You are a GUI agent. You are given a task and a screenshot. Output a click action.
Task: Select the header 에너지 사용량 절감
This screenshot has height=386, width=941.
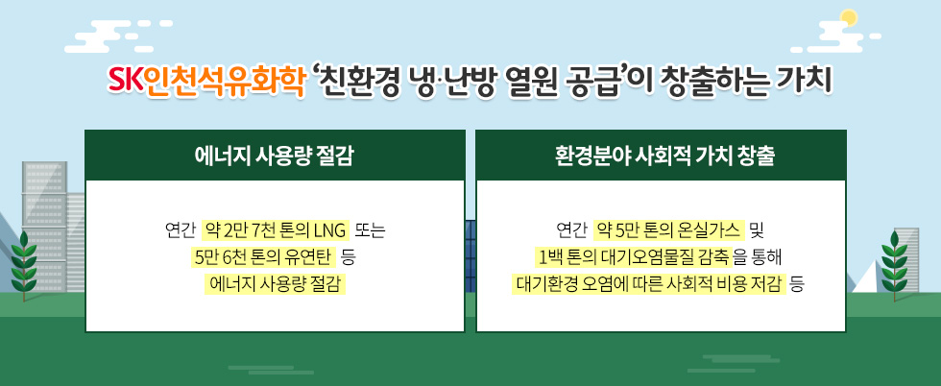coord(275,156)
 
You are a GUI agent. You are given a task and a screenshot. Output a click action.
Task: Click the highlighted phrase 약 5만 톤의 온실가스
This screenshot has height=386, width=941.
coord(669,230)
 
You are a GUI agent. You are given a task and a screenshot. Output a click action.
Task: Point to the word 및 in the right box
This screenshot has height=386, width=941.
coord(757,230)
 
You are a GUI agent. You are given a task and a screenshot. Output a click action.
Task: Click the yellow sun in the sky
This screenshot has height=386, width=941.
coord(847,16)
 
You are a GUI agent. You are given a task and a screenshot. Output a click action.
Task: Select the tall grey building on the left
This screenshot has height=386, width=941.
coord(43,226)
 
